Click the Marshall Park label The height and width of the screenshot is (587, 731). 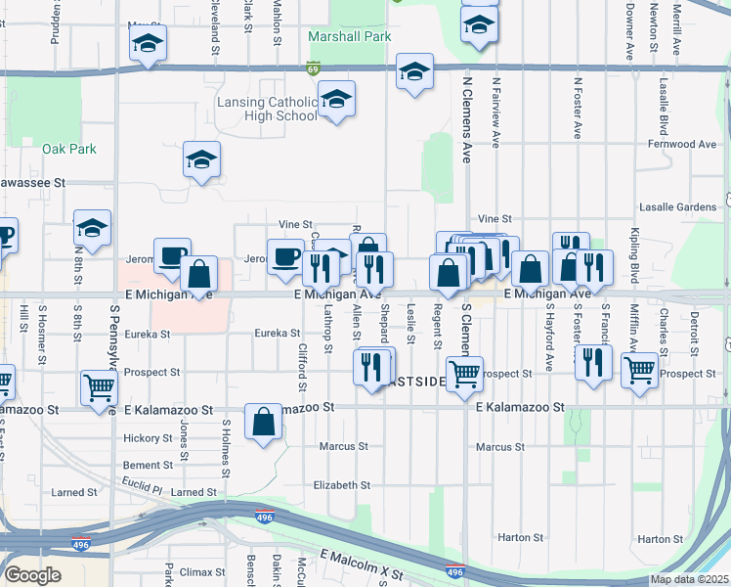pyautogui.click(x=349, y=37)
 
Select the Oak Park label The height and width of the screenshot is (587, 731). pyautogui.click(x=69, y=149)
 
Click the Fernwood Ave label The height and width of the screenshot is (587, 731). pyautogui.click(x=681, y=144)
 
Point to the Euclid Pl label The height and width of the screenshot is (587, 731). pyautogui.click(x=143, y=486)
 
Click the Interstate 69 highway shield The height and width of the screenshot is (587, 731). pyautogui.click(x=312, y=68)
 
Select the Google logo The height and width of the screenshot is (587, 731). pyautogui.click(x=32, y=575)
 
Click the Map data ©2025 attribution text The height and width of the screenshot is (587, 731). pyautogui.click(x=689, y=579)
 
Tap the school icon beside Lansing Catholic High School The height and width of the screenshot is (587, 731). pyautogui.click(x=336, y=99)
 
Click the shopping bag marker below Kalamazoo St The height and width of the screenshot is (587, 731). pyautogui.click(x=264, y=423)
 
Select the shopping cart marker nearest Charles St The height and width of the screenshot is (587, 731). pyautogui.click(x=639, y=371)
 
